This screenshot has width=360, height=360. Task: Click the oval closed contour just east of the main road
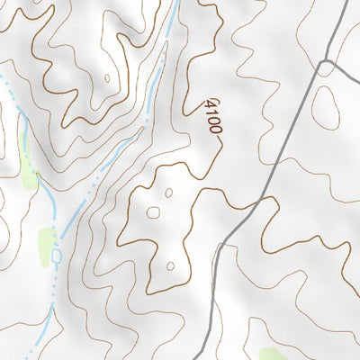[325, 107]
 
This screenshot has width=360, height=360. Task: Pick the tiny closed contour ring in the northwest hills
[107, 78]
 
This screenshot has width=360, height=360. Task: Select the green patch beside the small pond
[45, 241]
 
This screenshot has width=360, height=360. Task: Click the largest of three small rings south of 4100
[153, 213]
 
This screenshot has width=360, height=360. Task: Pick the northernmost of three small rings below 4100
[168, 193]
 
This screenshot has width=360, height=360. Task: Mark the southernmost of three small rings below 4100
[170, 266]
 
